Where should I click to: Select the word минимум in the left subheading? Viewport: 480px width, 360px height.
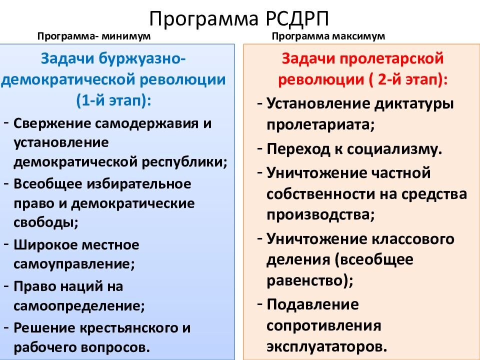coord(126,36)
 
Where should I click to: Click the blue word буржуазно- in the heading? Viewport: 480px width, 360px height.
coord(142,58)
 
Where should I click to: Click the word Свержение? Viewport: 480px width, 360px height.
coord(52,123)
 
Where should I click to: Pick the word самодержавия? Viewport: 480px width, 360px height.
coord(146,123)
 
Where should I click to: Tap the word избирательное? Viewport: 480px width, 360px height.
coord(139,184)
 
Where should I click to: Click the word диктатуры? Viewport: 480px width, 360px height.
coord(414,104)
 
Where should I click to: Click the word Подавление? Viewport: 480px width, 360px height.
coord(312,304)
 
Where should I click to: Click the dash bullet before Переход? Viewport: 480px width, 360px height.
coord(260,149)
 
